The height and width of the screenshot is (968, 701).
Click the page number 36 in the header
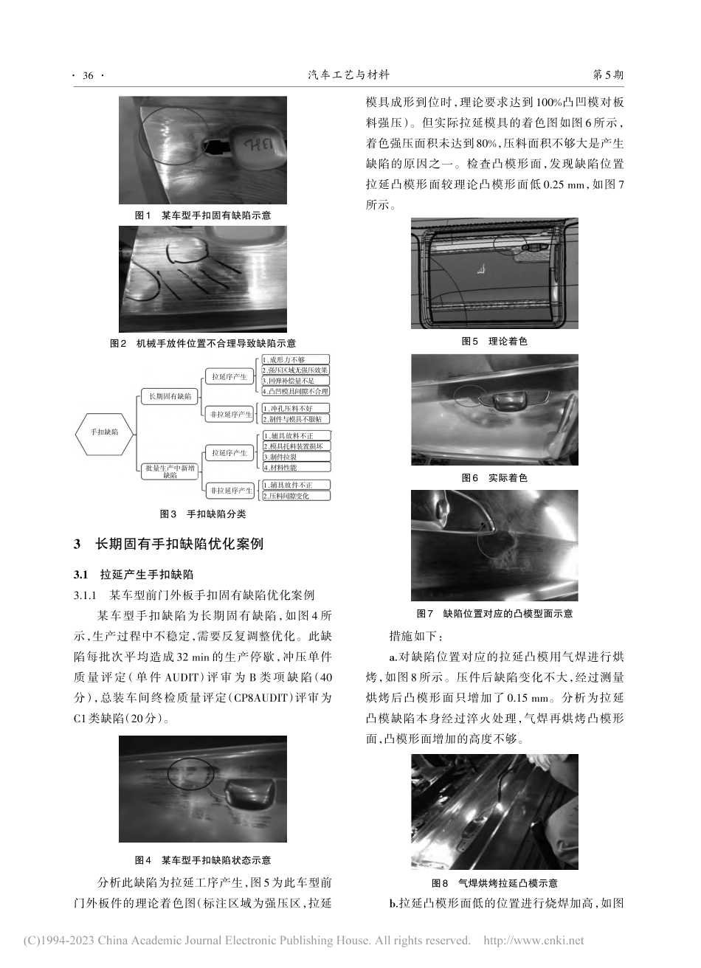tap(88, 76)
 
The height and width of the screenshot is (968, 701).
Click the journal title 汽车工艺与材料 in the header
tap(348, 75)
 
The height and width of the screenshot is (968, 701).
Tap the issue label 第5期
tap(609, 75)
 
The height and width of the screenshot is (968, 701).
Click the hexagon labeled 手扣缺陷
tap(104, 431)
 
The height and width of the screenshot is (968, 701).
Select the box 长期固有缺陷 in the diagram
tap(170, 396)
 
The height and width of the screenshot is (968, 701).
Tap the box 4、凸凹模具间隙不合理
tap(295, 390)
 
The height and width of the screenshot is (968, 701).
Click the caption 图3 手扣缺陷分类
tap(203, 514)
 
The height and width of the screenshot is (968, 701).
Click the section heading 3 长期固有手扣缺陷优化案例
tap(168, 545)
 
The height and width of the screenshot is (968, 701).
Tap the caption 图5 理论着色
tap(494, 341)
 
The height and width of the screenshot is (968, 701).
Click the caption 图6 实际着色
tap(494, 478)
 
